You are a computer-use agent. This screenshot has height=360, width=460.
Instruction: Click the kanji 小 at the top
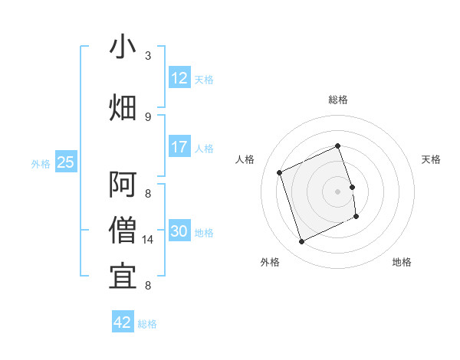point(123,47)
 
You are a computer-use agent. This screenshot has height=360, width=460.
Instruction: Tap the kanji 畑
point(123,108)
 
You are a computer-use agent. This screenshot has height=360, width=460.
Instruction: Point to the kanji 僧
point(123,230)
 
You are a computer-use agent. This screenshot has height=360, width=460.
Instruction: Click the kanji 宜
point(123,276)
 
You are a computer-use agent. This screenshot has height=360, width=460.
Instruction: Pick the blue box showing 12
point(179,78)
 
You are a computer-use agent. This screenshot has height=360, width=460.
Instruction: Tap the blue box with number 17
point(179,147)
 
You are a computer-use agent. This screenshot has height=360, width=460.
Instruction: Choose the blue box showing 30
point(179,231)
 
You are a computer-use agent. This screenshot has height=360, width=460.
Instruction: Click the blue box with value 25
point(65,162)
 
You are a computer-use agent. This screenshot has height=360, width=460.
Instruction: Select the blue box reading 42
point(123,322)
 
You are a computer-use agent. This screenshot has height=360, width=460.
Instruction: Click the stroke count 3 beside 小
point(148,56)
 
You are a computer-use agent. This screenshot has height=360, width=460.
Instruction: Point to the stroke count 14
point(149,240)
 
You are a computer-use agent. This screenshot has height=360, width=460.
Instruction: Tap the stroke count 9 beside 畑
point(148,116)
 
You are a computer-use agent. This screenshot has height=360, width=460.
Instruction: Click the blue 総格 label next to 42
point(147,324)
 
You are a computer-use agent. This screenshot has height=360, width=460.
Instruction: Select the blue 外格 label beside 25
point(41,163)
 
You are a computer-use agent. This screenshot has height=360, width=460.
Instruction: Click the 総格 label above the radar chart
point(338,100)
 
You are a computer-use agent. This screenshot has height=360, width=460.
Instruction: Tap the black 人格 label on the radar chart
point(245,159)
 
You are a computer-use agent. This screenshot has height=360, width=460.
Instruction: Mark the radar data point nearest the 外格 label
point(301,242)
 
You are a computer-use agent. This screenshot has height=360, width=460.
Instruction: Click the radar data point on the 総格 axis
point(338,146)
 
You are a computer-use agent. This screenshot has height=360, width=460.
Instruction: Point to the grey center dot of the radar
point(338,191)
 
